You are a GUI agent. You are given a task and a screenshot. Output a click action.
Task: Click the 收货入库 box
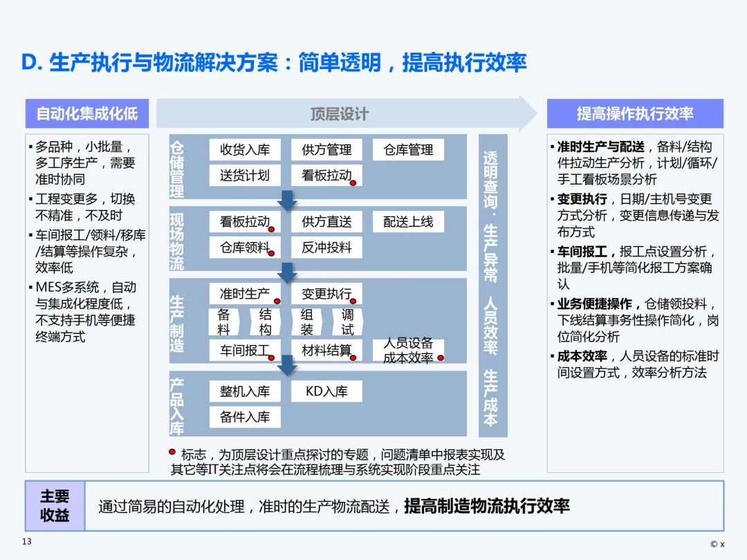point(245,150)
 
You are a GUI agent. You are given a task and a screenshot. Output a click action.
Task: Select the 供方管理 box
point(326,150)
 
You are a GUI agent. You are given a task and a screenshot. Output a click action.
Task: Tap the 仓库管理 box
point(408,150)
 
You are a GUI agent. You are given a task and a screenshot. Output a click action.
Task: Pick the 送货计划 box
point(245,175)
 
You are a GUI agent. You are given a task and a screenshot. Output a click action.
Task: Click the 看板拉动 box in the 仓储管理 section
point(326,175)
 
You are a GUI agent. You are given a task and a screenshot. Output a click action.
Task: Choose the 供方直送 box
point(326,222)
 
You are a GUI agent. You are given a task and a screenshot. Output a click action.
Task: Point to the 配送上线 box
point(408,222)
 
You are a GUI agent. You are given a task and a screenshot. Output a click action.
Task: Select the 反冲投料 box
point(326,247)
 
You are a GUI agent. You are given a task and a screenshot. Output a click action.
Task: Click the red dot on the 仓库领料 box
point(271,253)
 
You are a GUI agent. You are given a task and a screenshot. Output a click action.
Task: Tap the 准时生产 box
point(245,294)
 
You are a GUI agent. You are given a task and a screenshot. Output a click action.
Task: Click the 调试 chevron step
point(347,321)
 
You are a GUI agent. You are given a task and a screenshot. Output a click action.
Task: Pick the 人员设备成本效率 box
point(408,351)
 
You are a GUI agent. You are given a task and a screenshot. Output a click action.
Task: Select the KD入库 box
point(326,391)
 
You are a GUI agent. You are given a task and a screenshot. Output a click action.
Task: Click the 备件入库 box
point(245,416)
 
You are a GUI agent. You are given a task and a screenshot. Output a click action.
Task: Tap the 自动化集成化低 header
point(87,113)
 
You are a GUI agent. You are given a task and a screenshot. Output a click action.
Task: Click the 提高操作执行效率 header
point(635,113)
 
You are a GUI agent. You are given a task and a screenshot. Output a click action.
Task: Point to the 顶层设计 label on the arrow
point(339,114)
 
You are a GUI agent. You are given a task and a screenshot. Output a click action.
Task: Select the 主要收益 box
point(55,505)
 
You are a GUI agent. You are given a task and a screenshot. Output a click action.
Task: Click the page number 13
point(27,541)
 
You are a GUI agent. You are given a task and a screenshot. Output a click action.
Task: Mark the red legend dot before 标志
point(172,452)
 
